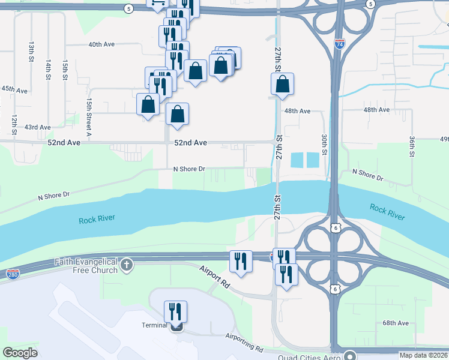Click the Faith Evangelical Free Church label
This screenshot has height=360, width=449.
[x=85, y=265]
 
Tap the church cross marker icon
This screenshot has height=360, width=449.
[x=126, y=265]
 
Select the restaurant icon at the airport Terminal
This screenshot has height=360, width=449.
[x=175, y=312]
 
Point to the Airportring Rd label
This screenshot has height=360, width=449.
[x=244, y=343]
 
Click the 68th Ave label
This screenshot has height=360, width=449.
[x=396, y=323]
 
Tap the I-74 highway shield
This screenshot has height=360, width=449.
[x=339, y=44]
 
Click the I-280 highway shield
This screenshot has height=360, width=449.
[x=13, y=274]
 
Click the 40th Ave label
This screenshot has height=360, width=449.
[x=101, y=44]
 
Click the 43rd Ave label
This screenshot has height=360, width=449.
[x=37, y=127]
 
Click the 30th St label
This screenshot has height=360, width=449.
[x=324, y=144]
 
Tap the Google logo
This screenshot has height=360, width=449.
[x=20, y=353]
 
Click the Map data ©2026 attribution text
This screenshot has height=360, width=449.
[x=423, y=355]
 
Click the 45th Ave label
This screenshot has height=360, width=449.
[x=14, y=89]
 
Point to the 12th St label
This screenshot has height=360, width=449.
[x=13, y=124]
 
